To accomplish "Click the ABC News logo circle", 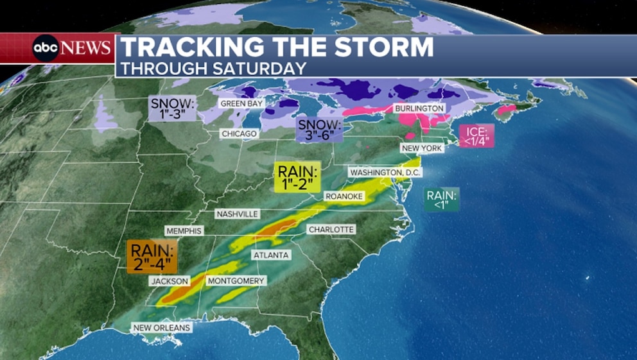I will click(46, 48).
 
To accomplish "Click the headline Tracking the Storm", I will click(277, 48).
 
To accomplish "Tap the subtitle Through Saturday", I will click(213, 67).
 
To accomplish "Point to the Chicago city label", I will click(239, 133).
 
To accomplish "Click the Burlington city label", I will click(419, 108).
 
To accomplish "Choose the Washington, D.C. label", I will click(384, 173).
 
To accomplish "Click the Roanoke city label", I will click(344, 196).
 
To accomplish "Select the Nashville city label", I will click(237, 214).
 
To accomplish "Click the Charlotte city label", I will click(331, 229).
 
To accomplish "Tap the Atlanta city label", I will click(271, 255).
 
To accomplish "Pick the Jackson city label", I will click(170, 281).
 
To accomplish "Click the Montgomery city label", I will click(236, 281).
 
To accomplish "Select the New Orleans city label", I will click(162, 328).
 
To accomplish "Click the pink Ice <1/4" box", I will click(476, 135).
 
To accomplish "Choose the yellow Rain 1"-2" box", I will click(297, 177).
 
